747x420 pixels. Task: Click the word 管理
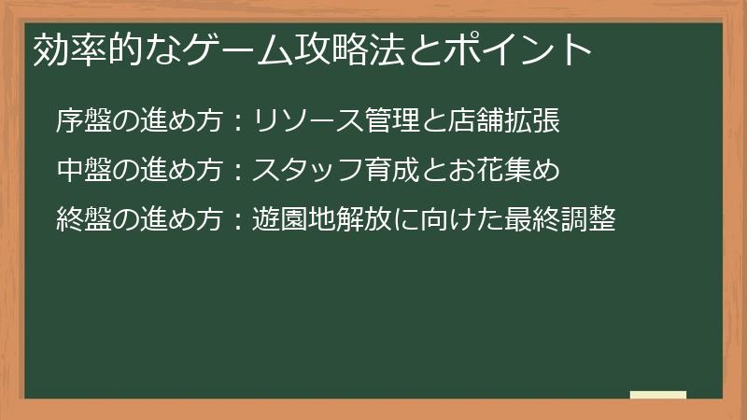406,120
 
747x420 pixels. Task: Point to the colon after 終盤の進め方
238,221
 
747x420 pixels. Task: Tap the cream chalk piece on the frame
657,395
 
